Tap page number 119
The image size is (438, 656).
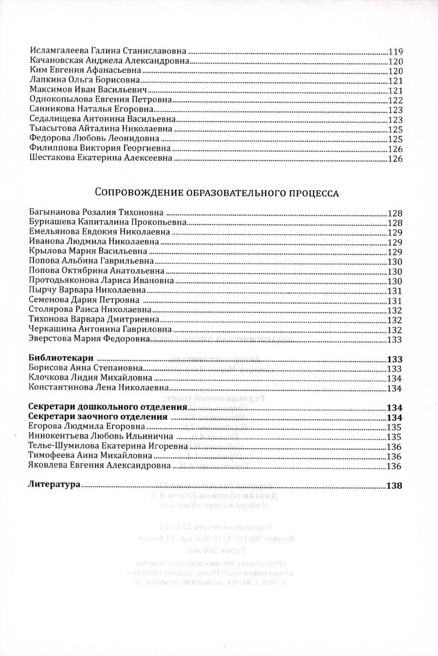(x=395, y=51)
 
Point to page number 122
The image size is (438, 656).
(x=395, y=100)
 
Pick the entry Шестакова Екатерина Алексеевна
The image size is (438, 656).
(x=101, y=158)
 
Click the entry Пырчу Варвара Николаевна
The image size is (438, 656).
(x=88, y=290)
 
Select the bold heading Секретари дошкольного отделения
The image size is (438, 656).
(x=108, y=407)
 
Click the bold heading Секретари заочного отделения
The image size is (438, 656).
(x=98, y=417)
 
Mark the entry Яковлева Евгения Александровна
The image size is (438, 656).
(x=100, y=465)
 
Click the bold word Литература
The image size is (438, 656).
(x=54, y=485)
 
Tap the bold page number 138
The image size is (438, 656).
(x=394, y=485)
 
